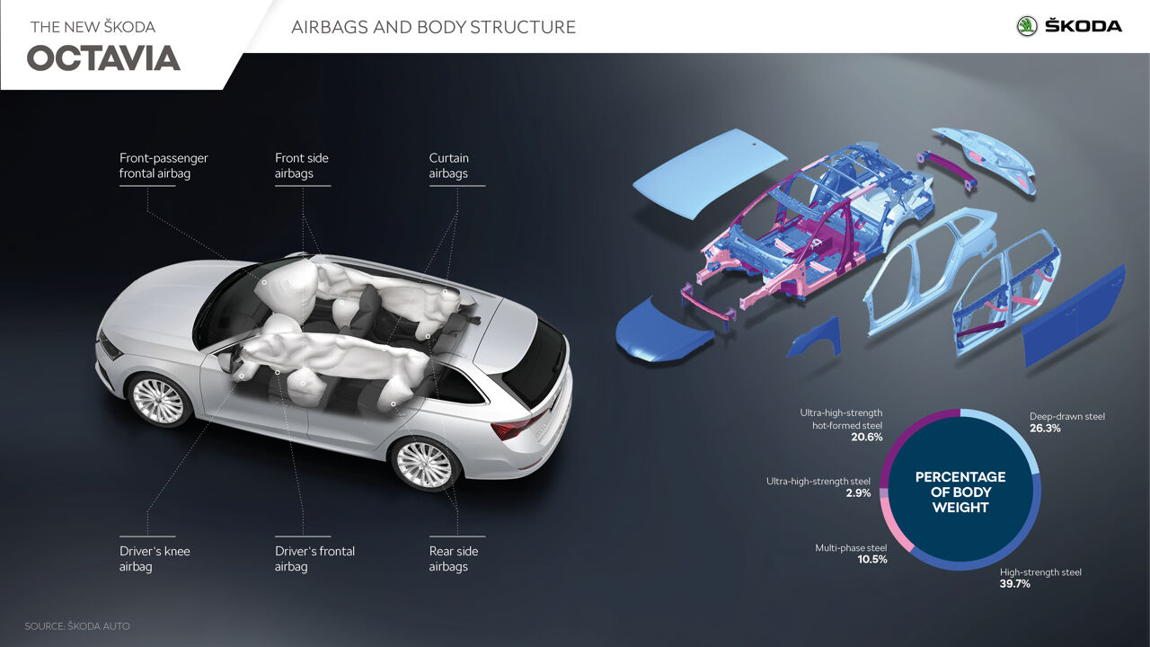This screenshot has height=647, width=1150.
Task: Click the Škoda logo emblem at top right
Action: (x=1027, y=26)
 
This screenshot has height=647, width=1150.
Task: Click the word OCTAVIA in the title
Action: (x=103, y=58)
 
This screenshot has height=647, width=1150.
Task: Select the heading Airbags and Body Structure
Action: (x=433, y=27)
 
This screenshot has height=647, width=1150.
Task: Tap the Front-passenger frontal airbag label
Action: (x=164, y=165)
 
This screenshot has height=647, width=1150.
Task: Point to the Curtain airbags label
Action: (x=448, y=165)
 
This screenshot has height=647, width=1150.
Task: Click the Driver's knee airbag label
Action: (x=155, y=558)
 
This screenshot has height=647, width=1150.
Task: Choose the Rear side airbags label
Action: (x=453, y=558)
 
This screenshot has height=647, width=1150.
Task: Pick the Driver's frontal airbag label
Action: (x=314, y=558)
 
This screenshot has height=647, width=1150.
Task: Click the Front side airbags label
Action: (x=302, y=165)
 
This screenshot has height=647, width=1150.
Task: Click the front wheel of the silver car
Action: (x=158, y=401)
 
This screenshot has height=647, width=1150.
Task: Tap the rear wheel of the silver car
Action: (x=424, y=464)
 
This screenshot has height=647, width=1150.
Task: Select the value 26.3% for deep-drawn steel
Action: (x=1045, y=429)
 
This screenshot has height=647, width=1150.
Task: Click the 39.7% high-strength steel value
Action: (x=1015, y=584)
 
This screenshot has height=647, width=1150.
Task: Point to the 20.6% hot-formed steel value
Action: (x=867, y=438)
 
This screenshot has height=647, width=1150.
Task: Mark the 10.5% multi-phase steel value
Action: (x=871, y=560)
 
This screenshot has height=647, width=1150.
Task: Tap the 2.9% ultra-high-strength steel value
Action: (x=857, y=493)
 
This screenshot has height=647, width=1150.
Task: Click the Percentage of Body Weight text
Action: (x=960, y=492)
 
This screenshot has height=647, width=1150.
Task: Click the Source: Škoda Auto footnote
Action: (x=77, y=626)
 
